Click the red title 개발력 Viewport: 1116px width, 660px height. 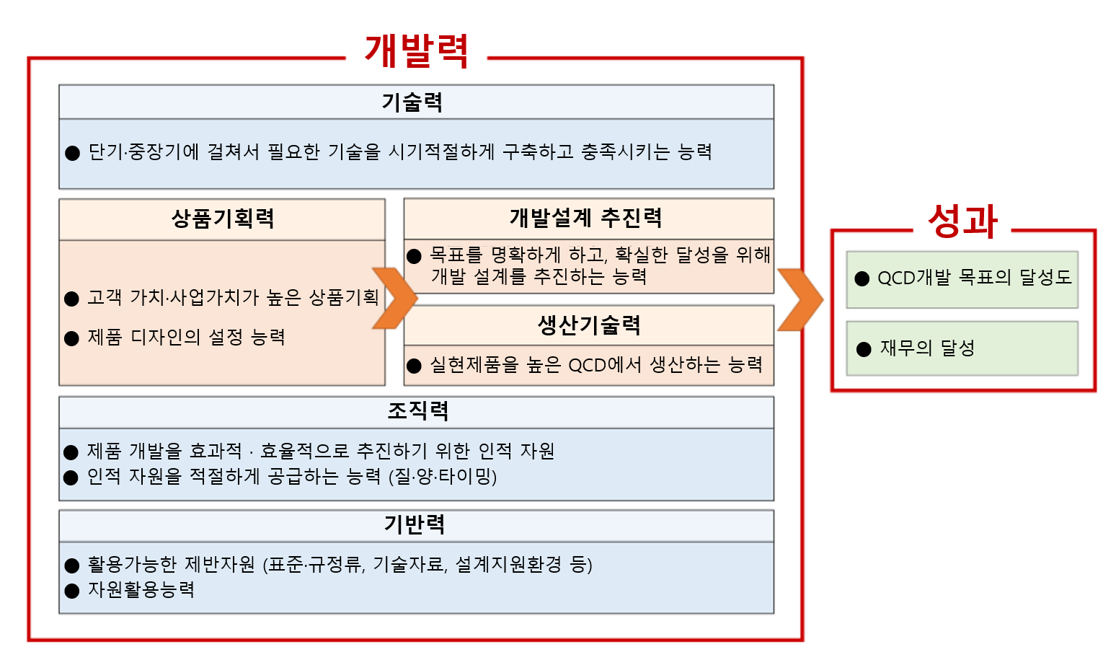pos(417,50)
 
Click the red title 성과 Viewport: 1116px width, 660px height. pos(962,221)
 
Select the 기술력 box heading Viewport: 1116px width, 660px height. pos(412,102)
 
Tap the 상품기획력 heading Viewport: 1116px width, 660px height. pos(222,219)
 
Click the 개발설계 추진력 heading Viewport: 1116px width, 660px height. pos(586,218)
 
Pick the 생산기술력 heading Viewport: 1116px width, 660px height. pos(589,325)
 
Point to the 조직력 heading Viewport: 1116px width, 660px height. pos(418,411)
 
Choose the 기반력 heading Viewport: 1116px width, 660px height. pos(415,524)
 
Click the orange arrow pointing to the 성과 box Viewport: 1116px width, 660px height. pos(800,299)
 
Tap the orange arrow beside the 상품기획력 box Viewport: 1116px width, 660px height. pos(395,298)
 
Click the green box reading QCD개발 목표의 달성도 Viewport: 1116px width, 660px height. pos(962,280)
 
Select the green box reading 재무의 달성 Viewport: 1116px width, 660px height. pos(962,348)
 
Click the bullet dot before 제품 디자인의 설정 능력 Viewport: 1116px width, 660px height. pos(72,339)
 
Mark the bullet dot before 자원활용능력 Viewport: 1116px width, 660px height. pos(72,591)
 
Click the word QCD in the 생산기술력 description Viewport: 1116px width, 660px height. pos(587,366)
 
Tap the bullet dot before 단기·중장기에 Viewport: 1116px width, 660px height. pos(72,153)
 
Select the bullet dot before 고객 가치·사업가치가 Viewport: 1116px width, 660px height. pos(72,299)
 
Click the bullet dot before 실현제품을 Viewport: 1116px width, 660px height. pos(414,366)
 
